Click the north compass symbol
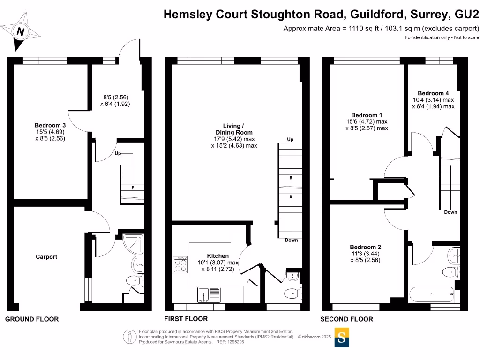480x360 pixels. point(20,32)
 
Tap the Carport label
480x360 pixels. point(47,257)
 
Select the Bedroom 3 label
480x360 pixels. point(50,125)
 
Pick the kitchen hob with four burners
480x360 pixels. point(180,265)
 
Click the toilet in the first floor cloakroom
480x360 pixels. point(292,293)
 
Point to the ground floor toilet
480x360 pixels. point(134,281)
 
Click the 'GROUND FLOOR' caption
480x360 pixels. point(32,319)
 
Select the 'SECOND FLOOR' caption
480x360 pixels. point(346,319)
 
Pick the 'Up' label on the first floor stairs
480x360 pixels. point(290,140)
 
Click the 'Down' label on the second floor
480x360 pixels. point(450,212)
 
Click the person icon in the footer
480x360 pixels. point(130,337)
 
